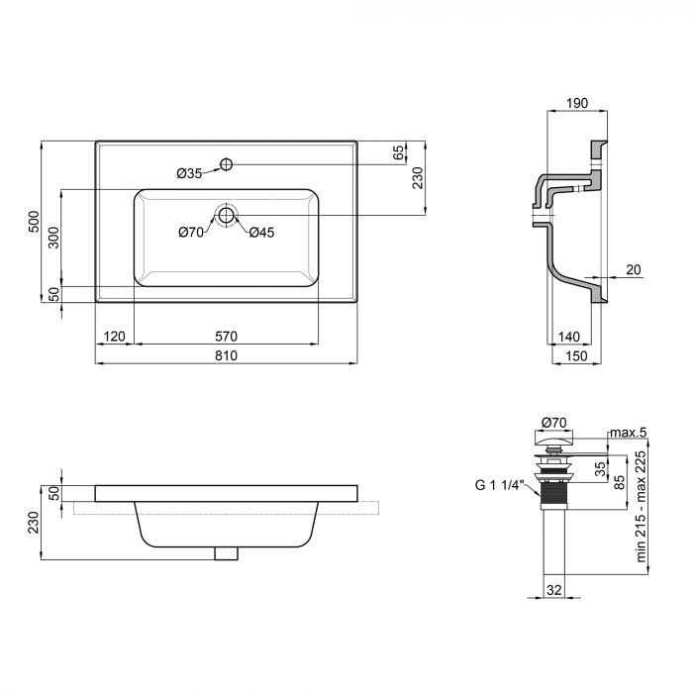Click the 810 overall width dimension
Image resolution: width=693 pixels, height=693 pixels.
pos(227,355)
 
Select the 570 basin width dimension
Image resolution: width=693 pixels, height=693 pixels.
pos(227,337)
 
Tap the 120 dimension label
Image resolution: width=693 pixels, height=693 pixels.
pos(115,337)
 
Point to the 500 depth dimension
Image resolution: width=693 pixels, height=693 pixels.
pos(34,222)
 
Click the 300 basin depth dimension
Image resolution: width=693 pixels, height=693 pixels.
pos(53,238)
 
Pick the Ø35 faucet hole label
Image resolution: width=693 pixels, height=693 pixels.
pos(189,173)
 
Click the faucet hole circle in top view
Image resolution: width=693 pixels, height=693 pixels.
pos(227,164)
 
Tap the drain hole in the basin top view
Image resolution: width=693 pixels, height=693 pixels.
pos(227,215)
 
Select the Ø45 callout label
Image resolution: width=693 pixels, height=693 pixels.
pos(261,232)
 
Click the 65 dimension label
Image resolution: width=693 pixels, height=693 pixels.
pos(399,152)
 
